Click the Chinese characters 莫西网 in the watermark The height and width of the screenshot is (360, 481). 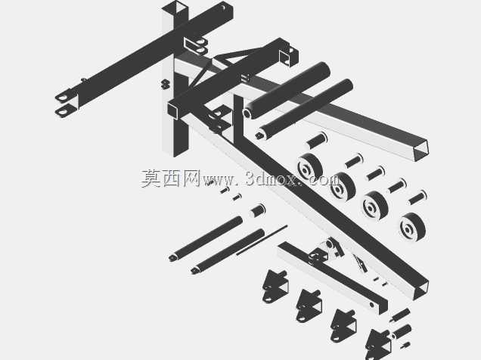[x=171, y=178]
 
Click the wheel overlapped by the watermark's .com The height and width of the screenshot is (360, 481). [x=343, y=187]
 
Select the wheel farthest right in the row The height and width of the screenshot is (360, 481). [x=413, y=227]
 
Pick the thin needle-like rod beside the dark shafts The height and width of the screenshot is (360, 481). [x=262, y=240]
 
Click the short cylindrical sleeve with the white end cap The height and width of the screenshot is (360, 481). [x=257, y=210]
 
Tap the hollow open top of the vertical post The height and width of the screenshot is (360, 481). [x=175, y=8]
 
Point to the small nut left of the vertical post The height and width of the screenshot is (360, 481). [x=166, y=84]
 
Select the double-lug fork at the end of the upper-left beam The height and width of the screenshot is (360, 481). [x=66, y=104]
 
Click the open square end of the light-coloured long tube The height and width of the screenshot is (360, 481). [x=420, y=149]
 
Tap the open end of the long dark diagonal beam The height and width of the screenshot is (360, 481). [x=420, y=290]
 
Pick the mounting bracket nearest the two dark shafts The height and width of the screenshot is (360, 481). [x=275, y=286]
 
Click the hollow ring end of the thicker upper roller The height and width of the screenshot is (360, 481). [x=248, y=113]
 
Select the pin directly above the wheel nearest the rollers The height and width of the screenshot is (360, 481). [x=317, y=140]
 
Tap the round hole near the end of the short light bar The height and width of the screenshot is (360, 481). [x=372, y=305]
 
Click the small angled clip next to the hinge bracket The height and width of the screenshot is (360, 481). [x=360, y=262]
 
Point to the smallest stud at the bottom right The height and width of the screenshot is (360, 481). [x=405, y=345]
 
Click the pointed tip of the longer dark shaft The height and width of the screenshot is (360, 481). [x=170, y=258]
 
